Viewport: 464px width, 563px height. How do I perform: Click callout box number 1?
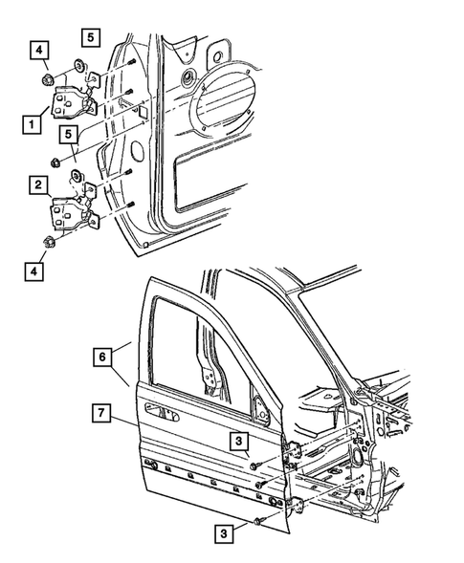pyautogui.click(x=33, y=123)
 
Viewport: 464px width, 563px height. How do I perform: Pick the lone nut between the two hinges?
pyautogui.click(x=56, y=160)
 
